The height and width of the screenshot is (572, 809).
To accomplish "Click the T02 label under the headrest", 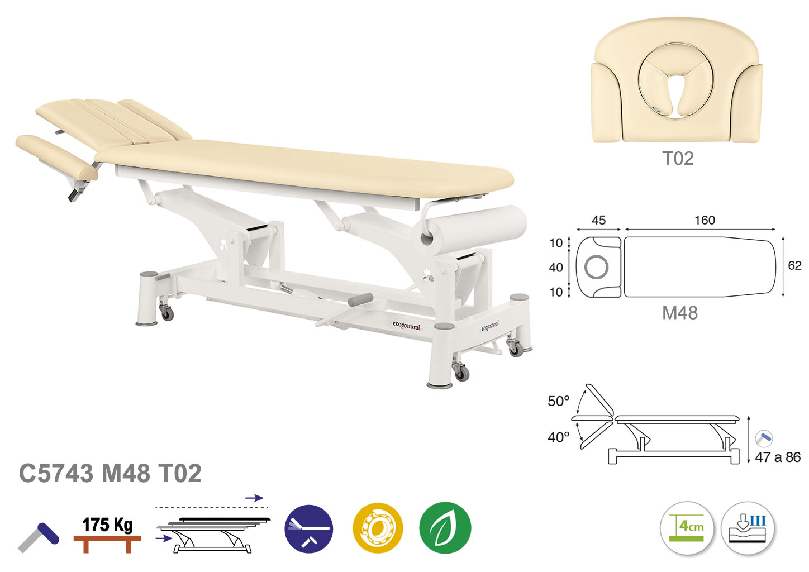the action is tap(678, 159).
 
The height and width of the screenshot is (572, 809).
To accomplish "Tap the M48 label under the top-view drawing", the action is tap(680, 313).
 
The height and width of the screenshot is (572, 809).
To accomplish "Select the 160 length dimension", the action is tap(705, 220).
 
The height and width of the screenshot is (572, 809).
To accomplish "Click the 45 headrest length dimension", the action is tap(598, 220).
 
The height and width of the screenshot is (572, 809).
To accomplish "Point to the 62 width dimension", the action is tap(794, 265).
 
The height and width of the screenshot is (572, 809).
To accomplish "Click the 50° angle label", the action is tap(558, 401).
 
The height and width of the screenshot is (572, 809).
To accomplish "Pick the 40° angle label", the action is tap(558, 437).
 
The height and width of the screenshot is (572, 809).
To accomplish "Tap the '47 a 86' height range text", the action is tap(778, 457).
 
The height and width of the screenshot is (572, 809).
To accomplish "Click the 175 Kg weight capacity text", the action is tap(107, 525).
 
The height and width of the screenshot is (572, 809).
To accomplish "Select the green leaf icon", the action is tap(445, 527).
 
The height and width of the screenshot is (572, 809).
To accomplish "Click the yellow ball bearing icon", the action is tap(378, 528).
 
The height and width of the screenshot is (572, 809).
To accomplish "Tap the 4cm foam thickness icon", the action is tap(687, 528).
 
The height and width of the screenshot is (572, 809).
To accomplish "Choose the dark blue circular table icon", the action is tap(309, 528).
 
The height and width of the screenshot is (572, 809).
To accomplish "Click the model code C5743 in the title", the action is tap(56, 473).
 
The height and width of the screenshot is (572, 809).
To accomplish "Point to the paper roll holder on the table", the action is tap(469, 228).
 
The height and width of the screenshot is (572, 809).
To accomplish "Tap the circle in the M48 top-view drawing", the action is tap(596, 267).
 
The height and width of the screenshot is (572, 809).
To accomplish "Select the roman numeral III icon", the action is tap(758, 521).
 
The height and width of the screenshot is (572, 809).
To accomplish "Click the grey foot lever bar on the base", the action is tap(360, 299).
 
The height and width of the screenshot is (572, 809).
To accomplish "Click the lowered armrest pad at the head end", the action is tap(56, 157).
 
